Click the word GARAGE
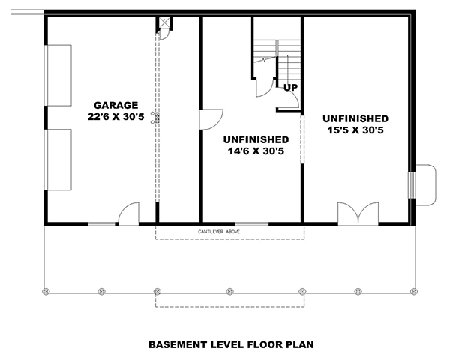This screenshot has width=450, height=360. tap(115, 105)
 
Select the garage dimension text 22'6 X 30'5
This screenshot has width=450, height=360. tap(115, 117)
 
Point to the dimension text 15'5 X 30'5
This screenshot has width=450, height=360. tap(355, 131)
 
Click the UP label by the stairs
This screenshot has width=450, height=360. tap(290, 88)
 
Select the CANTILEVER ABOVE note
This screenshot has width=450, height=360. tap(229, 231)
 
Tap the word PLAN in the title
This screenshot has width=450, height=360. tap(298, 345)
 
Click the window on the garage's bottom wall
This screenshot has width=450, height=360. tap(102, 223)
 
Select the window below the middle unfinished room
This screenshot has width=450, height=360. tap(252, 223)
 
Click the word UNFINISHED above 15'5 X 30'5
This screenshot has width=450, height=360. tap(355, 119)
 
